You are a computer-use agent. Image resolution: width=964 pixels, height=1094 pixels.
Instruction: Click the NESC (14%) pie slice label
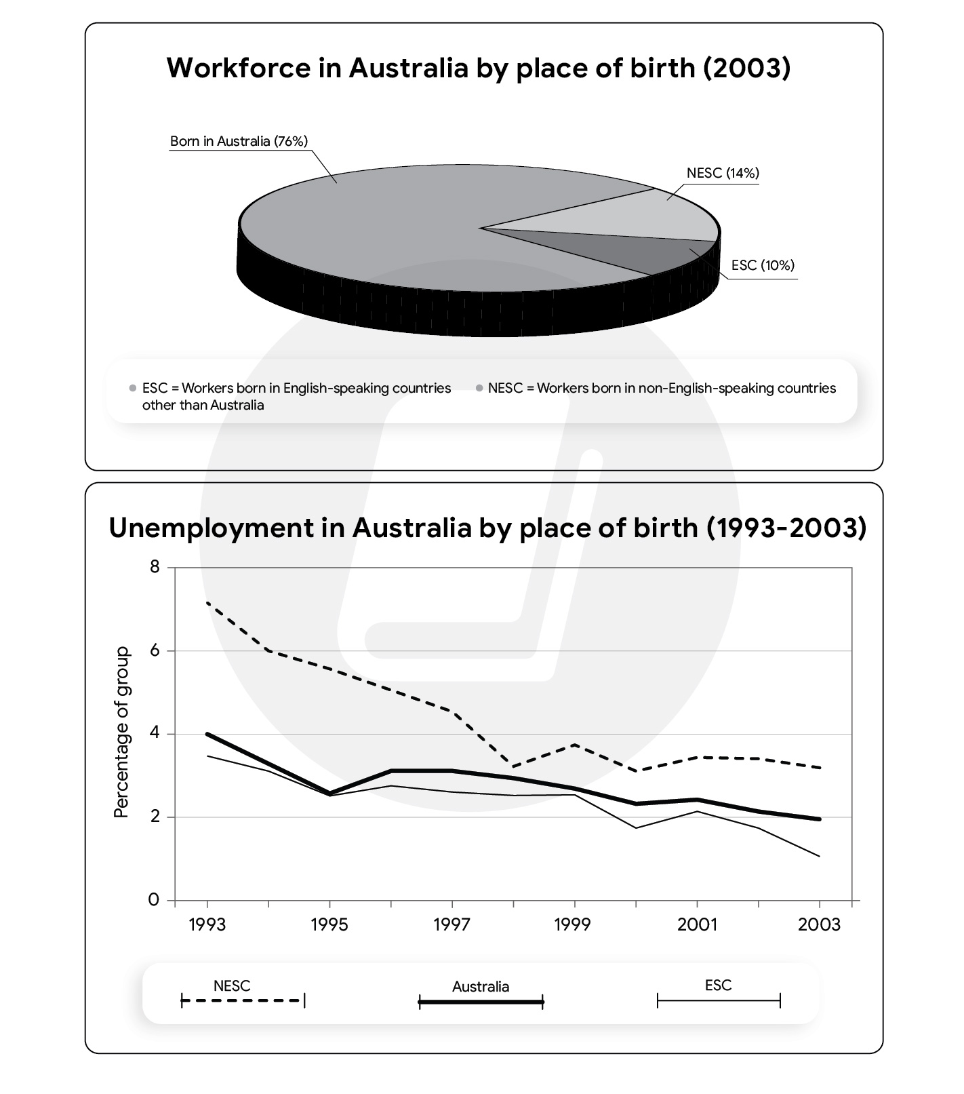pyautogui.click(x=722, y=173)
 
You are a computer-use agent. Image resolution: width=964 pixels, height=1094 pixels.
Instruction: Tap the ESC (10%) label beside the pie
pyautogui.click(x=763, y=265)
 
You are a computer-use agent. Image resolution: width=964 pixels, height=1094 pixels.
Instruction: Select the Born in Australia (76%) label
pyautogui.click(x=239, y=141)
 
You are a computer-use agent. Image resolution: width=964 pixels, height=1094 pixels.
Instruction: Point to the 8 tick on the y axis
pyautogui.click(x=155, y=566)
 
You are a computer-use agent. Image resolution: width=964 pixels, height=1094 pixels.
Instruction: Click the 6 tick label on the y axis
pyautogui.click(x=155, y=650)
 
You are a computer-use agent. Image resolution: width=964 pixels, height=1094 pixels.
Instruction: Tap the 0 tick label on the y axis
pyautogui.click(x=155, y=900)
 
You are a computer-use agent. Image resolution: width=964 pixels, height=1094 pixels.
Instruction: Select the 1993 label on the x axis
pyautogui.click(x=207, y=924)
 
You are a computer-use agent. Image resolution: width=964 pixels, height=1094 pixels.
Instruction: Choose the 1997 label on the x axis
pyautogui.click(x=452, y=924)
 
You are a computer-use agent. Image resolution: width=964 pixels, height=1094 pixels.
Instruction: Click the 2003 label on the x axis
pyautogui.click(x=819, y=924)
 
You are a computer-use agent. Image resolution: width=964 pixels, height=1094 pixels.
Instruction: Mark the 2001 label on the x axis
pyautogui.click(x=697, y=924)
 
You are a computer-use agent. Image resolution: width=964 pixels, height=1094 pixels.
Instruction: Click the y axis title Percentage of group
pyautogui.click(x=121, y=732)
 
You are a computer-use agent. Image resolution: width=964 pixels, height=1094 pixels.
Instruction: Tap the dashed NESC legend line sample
pyautogui.click(x=243, y=1000)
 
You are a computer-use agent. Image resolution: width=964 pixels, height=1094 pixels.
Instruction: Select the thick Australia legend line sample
pyautogui.click(x=481, y=1002)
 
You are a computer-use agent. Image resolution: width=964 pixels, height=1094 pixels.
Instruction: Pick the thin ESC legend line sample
pyautogui.click(x=719, y=1000)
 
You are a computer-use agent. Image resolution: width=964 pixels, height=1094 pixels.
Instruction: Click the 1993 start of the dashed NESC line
pyautogui.click(x=207, y=602)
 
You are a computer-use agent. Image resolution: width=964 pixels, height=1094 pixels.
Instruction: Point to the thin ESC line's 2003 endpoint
pyautogui.click(x=820, y=856)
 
